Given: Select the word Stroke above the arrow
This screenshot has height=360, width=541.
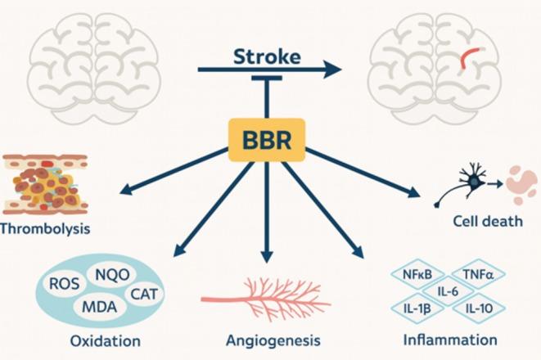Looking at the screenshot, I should pyautogui.click(x=267, y=56).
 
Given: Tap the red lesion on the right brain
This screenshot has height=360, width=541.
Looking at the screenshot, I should pyautogui.click(x=470, y=56).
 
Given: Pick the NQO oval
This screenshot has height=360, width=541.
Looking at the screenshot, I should pyautogui.click(x=113, y=274).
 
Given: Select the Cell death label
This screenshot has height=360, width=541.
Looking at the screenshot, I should pyautogui.click(x=482, y=222).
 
